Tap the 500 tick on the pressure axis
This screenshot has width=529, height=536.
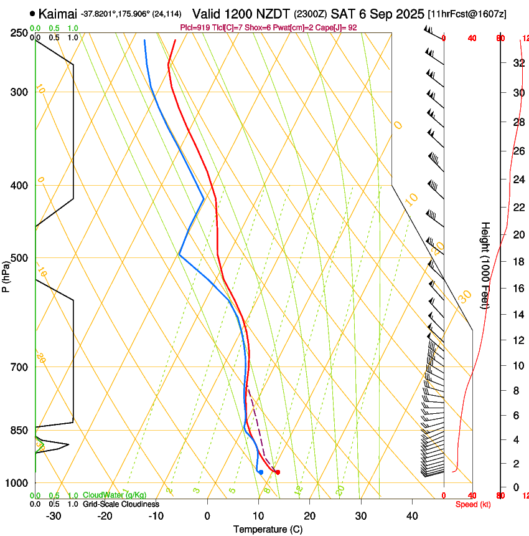(x=20, y=258)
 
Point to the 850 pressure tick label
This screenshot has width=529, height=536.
(x=20, y=431)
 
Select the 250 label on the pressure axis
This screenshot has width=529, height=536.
(x=20, y=33)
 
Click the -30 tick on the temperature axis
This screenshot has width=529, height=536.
(x=54, y=516)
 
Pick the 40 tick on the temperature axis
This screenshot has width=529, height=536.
(x=412, y=516)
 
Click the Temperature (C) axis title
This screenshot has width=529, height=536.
(x=268, y=530)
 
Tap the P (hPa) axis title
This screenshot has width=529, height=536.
(x=6, y=274)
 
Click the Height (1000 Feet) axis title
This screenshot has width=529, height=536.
(x=486, y=265)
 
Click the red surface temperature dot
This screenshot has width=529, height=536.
(x=278, y=472)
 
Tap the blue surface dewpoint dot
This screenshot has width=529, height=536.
(x=261, y=472)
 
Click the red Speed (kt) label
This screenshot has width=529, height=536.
(x=472, y=504)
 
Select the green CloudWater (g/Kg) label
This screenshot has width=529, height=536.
(x=115, y=495)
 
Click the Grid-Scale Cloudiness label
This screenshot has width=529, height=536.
(x=121, y=504)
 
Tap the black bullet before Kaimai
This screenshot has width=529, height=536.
(x=32, y=13)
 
